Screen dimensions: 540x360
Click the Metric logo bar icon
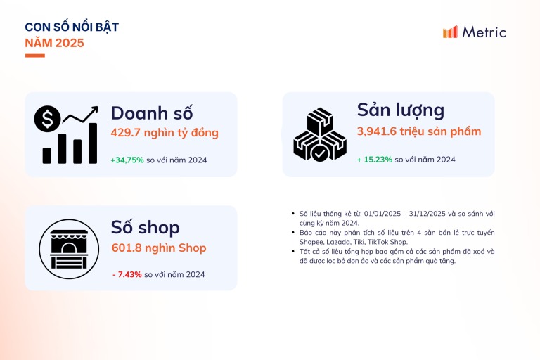click(450, 32)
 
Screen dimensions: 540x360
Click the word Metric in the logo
click(484, 32)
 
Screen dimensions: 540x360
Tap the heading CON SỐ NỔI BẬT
click(72, 27)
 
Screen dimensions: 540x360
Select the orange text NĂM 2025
click(54, 43)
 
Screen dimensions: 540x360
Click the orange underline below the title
click(34, 56)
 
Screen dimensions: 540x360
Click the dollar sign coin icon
click(48, 119)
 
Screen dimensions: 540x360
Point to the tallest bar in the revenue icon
click(93, 143)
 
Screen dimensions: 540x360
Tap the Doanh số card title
click(152, 113)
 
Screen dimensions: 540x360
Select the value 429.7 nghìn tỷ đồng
click(165, 133)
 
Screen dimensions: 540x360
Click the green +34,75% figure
click(127, 160)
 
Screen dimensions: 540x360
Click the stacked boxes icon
click(320, 134)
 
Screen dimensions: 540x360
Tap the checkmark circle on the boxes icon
click(319, 153)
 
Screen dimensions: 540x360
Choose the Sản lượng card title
click(401, 110)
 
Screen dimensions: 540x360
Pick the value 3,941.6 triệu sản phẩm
click(419, 131)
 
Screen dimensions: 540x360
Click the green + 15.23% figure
click(375, 160)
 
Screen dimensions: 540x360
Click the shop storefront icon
click(69, 249)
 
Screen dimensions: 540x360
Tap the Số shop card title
click(146, 227)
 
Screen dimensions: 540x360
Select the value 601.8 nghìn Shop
click(159, 247)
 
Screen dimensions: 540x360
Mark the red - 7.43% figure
click(127, 274)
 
